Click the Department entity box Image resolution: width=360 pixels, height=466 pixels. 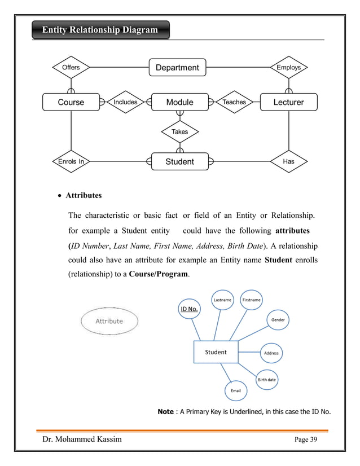click(x=177, y=68)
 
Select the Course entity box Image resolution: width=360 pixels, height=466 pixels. click(x=71, y=102)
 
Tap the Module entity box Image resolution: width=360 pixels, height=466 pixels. click(x=179, y=102)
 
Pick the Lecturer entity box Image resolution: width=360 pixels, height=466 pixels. click(x=288, y=102)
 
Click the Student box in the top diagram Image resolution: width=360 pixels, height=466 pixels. click(x=179, y=162)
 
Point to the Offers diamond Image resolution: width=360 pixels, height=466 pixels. click(x=71, y=68)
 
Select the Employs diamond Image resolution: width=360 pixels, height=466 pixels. click(x=288, y=68)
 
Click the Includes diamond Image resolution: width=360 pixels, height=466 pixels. click(x=125, y=102)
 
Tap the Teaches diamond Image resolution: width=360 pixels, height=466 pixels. click(x=234, y=102)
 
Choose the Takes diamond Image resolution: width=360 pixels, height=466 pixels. click(x=179, y=131)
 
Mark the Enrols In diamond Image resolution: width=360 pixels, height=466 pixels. click(x=71, y=162)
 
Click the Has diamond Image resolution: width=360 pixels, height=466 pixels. click(x=288, y=162)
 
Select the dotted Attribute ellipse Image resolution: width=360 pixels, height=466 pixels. click(x=109, y=321)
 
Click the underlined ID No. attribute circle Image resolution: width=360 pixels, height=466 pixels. click(x=188, y=309)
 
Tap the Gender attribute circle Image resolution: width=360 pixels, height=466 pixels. click(x=278, y=320)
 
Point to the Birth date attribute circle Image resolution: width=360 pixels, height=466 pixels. click(x=267, y=380)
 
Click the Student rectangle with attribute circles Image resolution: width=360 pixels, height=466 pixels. click(x=216, y=352)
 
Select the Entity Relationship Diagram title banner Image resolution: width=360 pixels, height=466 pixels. click(x=100, y=29)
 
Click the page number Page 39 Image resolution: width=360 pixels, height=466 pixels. click(x=306, y=441)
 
